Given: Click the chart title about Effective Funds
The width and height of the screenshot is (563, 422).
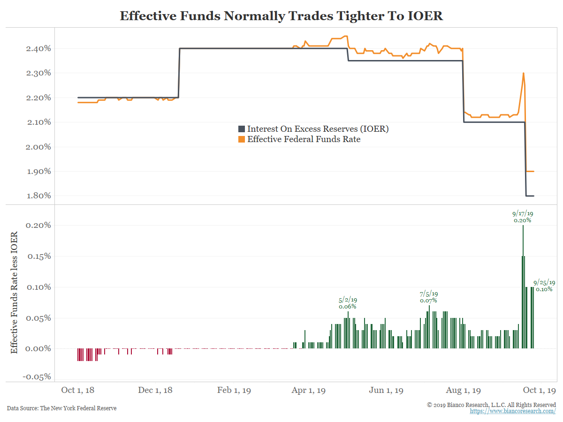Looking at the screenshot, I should pos(281,15).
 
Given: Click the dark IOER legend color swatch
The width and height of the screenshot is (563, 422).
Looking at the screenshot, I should pos(242,129).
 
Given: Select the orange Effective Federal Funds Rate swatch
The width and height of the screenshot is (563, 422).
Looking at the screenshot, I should pos(242,139).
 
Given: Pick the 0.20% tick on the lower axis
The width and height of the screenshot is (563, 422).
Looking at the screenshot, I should pos(38,225).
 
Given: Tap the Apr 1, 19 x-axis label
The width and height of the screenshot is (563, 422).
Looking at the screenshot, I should pos(308,391).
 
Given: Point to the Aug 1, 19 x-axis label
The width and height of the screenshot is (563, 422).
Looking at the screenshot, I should pos(464,391).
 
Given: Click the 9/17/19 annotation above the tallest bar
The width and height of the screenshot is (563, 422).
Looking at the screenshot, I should pos(523,216).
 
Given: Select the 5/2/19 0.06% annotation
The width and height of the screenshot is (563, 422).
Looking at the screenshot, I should pos(348,303).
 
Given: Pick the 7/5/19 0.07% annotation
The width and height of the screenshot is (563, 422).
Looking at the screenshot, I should pos(428,297).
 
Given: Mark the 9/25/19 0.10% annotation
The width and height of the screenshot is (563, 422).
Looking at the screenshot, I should pos(544,286).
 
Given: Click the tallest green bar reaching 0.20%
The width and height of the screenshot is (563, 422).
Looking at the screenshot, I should pos(523,286).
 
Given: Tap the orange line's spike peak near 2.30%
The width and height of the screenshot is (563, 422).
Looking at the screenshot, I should pos(523,74).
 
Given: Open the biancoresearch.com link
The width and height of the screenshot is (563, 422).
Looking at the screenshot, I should pos(513,411).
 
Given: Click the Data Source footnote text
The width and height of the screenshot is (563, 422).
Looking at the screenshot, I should pos(61,408).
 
